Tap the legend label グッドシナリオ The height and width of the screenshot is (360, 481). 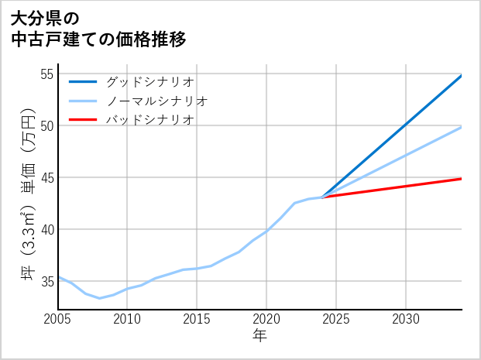150,81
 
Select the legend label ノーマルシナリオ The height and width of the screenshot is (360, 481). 157,101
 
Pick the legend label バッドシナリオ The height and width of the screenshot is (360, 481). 150,120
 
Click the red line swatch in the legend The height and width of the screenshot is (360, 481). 83,120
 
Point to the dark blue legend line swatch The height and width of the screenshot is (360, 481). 83,81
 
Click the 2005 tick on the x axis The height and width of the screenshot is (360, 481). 58,319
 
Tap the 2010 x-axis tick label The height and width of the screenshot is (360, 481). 127,319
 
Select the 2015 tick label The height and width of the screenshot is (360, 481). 197,319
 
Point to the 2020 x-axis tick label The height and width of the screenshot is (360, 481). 266,319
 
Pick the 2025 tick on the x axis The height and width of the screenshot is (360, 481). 336,319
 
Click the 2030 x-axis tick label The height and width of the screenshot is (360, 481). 406,319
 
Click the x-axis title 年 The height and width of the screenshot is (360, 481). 259,336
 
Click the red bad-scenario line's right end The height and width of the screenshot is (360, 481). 460,179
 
